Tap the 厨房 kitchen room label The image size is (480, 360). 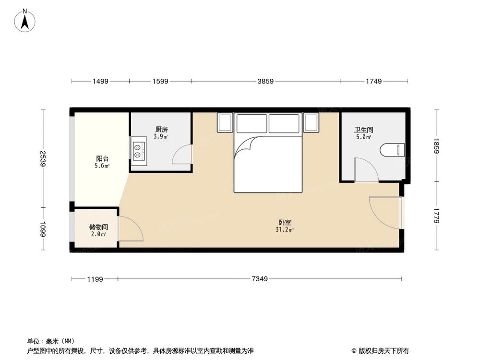[161, 129]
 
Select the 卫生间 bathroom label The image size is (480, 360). [364, 129]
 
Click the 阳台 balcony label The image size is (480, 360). [102, 158]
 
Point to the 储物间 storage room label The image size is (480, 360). [98, 227]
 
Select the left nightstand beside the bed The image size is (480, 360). [225, 123]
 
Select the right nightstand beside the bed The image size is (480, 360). [311, 123]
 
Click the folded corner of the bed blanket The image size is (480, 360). [245, 146]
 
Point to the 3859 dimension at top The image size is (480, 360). [265, 82]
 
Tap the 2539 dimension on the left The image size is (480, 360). [43, 158]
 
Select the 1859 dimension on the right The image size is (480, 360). [436, 145]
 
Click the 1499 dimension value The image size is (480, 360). [100, 82]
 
